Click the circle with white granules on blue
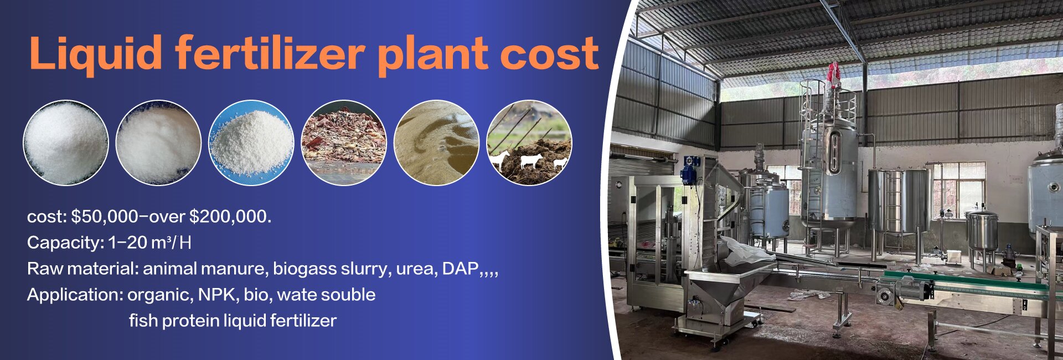click(x=251, y=142)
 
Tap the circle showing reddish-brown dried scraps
click(x=344, y=142)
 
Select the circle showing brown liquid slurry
click(x=436, y=142)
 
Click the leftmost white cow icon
click(x=499, y=160)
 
